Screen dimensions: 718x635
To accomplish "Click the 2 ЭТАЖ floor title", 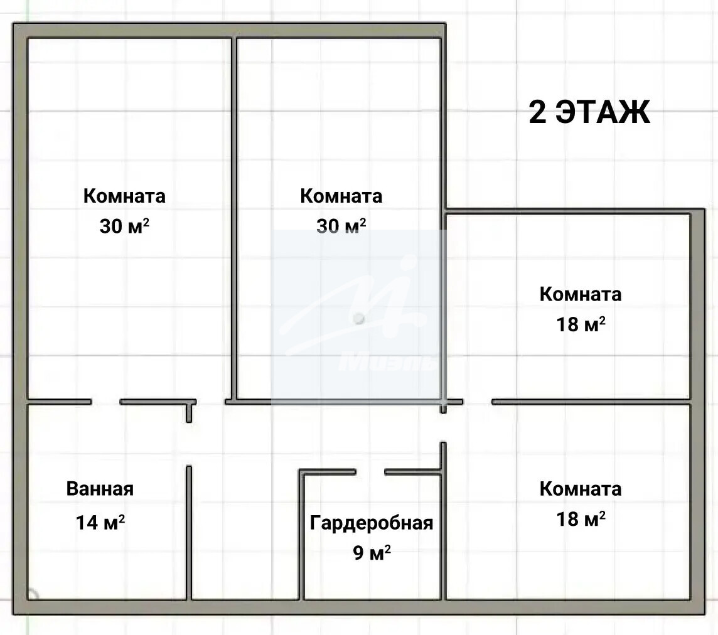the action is (x=589, y=112).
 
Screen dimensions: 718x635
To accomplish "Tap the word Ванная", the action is (x=100, y=489).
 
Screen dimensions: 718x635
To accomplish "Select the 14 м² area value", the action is (x=100, y=522).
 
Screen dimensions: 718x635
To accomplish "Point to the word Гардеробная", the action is (x=372, y=523).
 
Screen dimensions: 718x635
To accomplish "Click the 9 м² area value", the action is (x=372, y=553).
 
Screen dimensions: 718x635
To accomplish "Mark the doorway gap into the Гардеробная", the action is (x=370, y=472).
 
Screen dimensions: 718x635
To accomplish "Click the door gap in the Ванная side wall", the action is (x=189, y=444).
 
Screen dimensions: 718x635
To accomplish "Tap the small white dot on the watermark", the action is (x=359, y=319).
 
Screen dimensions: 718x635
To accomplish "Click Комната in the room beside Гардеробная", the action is (x=581, y=489).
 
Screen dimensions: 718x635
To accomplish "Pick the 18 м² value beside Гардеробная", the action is (x=581, y=519).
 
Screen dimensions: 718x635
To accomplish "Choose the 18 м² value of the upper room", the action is (x=581, y=324).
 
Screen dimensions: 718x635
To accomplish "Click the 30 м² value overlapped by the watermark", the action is (x=341, y=226).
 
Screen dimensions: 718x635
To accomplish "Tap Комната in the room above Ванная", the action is (x=124, y=196).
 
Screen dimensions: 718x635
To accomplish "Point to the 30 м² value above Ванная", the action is (x=124, y=226).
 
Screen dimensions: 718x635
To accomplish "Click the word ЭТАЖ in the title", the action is (x=603, y=112).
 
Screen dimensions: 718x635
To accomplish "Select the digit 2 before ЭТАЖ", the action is (x=538, y=112).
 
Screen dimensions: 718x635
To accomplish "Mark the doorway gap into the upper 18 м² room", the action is (x=477, y=402).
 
